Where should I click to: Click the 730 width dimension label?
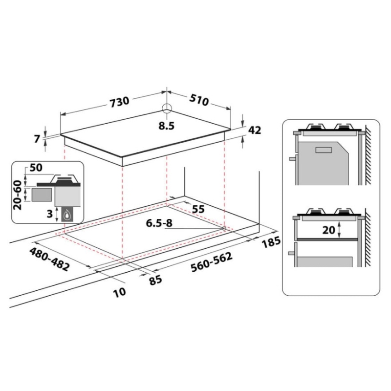(119, 101)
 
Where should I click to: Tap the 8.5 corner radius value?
(166, 125)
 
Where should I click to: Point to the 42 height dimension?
(255, 130)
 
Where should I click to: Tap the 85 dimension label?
(155, 280)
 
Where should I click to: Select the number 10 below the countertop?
(119, 292)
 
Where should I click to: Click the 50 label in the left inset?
(36, 168)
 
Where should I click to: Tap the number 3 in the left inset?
(50, 213)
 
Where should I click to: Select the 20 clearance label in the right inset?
(330, 229)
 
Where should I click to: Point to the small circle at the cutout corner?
(223, 228)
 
